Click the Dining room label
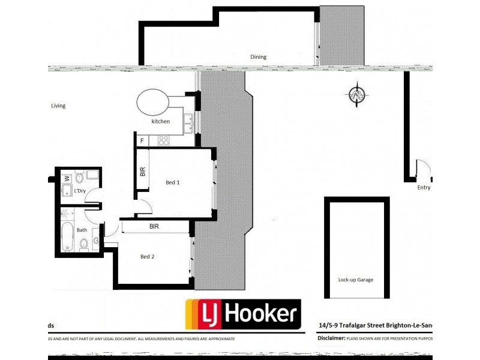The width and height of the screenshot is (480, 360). coord(258,57)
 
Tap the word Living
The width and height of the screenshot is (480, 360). coord(58,106)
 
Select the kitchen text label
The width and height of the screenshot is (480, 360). coord(160,121)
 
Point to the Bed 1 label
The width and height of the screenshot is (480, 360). coord(173,182)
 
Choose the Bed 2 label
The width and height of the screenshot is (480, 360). coord(148,257)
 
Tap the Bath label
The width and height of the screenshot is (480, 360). coord(82,229)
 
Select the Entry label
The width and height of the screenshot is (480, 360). coord(424,187)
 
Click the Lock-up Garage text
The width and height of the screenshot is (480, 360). coord(355,279)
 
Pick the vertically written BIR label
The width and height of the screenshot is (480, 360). coord(142,172)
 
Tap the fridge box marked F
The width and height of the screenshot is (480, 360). coord(142,141)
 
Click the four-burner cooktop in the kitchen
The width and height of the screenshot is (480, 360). coord(163,141)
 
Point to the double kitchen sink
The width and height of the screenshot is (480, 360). coord(188,122)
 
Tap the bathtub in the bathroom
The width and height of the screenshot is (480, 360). coord(67,237)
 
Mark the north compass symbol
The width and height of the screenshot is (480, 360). coord(358,95)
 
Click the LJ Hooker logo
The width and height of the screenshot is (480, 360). coord(242,313)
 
